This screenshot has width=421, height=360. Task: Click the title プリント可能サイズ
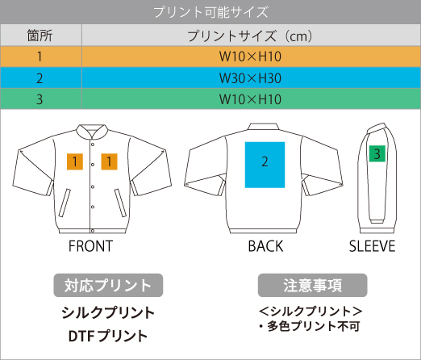[211, 12]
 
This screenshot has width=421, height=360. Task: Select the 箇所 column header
[40, 36]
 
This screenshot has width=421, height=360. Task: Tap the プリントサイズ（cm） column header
[250, 36]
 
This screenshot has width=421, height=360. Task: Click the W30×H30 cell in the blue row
[250, 78]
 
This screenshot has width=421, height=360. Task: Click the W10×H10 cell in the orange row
[250, 57]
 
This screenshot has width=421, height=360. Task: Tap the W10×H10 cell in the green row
[250, 99]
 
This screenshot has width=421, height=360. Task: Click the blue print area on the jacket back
[265, 165]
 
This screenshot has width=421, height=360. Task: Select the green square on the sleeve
[377, 153]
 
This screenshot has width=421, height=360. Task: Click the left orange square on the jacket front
[75, 161]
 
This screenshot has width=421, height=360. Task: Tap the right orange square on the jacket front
[109, 161]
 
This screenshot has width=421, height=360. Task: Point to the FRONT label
[90, 246]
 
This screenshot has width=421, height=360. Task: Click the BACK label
[265, 246]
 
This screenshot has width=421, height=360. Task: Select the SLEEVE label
[372, 246]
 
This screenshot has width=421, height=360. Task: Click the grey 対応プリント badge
[108, 285]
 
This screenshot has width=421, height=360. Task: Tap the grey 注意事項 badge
[313, 285]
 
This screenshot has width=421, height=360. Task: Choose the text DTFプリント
[108, 336]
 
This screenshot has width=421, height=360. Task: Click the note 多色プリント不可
[313, 326]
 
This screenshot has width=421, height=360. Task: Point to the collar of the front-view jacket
[92, 132]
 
